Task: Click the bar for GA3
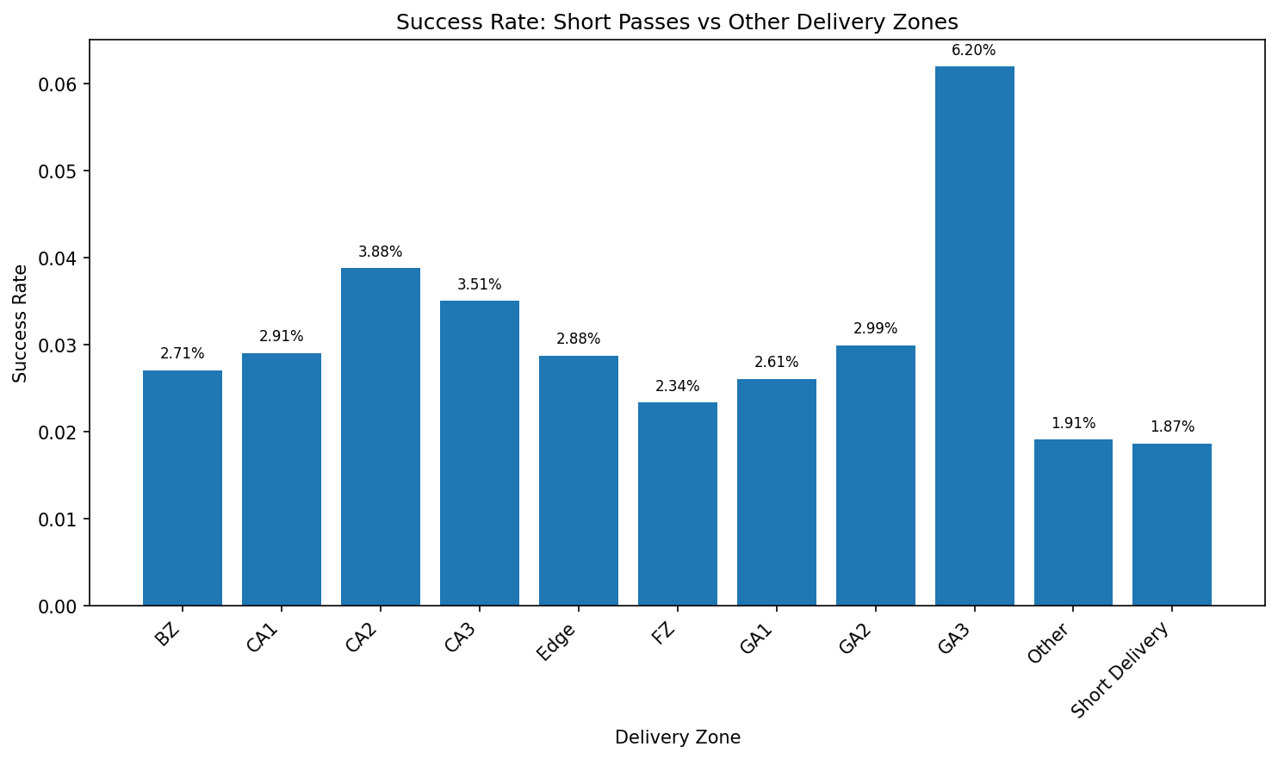974,336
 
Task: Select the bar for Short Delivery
1171,525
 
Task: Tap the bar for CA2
380,437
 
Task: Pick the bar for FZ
677,504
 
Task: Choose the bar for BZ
182,488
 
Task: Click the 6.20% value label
973,51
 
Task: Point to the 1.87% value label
1171,427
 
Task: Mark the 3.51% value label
479,285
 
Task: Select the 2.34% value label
677,387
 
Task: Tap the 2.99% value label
875,329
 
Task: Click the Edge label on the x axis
556,642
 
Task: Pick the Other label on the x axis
1049,644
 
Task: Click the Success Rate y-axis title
21,323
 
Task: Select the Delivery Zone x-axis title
677,737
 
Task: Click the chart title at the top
677,22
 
